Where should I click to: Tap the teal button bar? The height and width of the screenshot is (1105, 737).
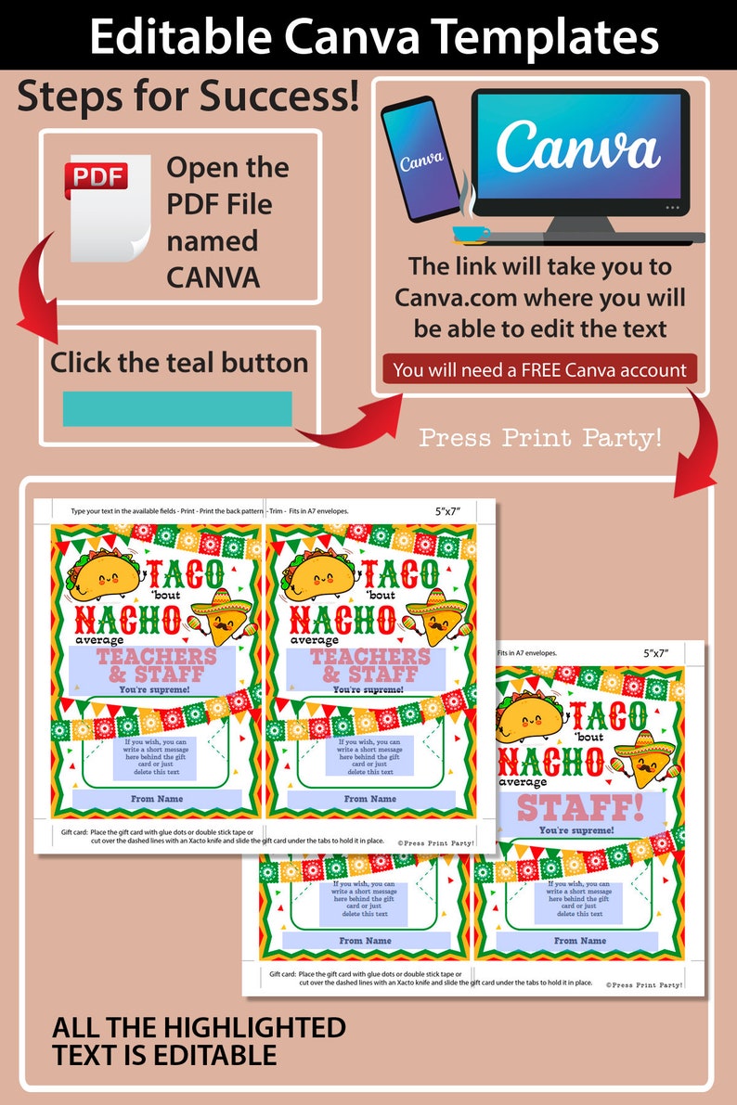pos(177,408)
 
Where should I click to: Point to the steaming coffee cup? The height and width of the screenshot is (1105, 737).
pos(472,228)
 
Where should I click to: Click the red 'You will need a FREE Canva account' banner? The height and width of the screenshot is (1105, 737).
pos(539,370)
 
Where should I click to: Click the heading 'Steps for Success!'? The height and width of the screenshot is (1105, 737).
pos(188,97)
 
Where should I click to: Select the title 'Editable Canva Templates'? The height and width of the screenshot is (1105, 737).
pos(368,36)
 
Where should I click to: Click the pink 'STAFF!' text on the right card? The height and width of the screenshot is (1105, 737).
pos(579,807)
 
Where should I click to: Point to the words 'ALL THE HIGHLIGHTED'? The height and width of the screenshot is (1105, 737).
pos(199,1028)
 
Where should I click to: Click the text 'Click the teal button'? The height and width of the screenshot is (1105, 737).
pos(179,362)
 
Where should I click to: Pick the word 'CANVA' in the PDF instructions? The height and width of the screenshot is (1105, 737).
pos(213,276)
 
